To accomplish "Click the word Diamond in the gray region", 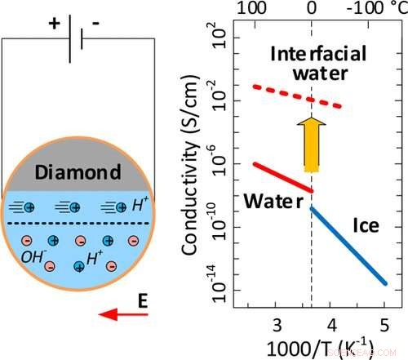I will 78,172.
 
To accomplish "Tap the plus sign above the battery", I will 54,24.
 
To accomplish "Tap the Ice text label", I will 366,222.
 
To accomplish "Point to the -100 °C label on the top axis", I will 370,11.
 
